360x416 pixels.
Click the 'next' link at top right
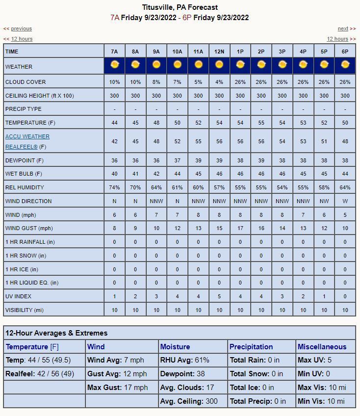click(343, 29)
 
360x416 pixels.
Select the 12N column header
click(219, 52)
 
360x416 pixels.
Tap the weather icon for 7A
click(114, 65)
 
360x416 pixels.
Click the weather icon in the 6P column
click(345, 65)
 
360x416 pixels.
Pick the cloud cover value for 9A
click(156, 82)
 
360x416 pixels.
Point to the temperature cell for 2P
click(261, 123)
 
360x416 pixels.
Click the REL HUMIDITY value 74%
click(114, 187)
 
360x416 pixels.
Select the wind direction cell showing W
click(345, 201)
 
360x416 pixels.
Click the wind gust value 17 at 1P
click(240, 228)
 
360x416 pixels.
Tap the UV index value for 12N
click(219, 296)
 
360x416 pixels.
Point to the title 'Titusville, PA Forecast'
click(180, 7)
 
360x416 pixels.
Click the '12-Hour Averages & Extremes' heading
click(56, 333)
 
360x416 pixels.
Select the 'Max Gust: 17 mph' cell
click(118, 388)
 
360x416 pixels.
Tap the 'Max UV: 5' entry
click(314, 360)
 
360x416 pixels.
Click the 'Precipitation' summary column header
click(251, 347)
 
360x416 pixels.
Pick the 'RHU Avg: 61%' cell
click(185, 360)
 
